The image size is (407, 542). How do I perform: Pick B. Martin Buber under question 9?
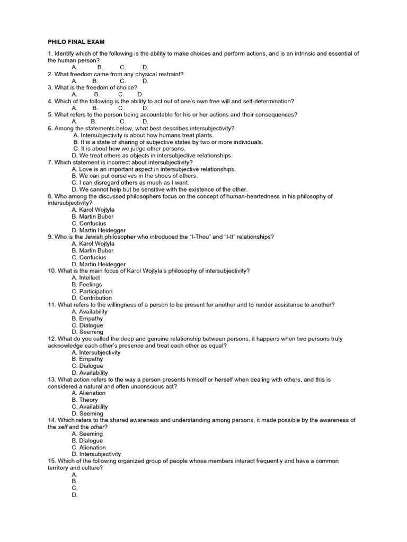point(93,251)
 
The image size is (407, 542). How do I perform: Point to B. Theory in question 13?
point(85,400)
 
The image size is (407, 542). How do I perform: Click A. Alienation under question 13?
point(89,393)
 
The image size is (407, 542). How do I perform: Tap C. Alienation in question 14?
point(89,447)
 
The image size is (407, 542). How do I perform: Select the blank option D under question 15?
point(75,495)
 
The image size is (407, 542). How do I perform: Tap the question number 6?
point(50,129)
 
